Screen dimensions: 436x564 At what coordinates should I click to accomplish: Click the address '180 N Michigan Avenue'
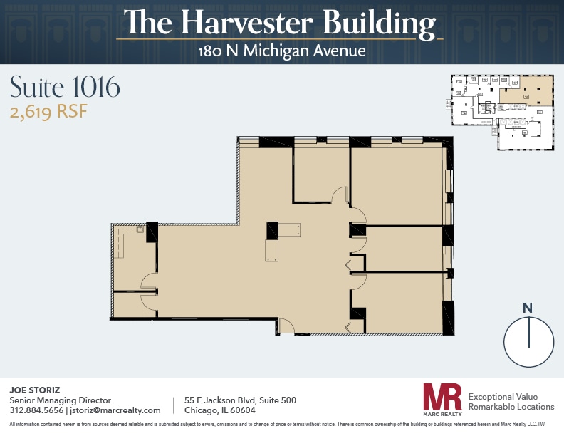coord(282,51)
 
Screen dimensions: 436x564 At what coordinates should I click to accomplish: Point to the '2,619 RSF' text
coord(48,112)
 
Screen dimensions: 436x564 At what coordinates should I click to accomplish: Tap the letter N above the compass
coord(528,308)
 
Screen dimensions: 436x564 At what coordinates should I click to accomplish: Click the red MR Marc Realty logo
coord(442,400)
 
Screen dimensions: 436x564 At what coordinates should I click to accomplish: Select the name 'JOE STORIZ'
coord(34,390)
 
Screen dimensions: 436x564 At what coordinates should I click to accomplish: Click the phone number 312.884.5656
coord(36,410)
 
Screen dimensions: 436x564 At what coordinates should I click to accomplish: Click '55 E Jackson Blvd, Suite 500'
coord(240,400)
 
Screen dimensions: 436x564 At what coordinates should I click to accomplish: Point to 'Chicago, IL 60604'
coord(219,410)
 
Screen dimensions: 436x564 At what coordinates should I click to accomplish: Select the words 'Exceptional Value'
coord(503,396)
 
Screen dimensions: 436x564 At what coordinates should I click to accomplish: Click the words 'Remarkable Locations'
coord(511,407)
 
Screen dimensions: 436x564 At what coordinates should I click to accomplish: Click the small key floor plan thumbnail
coord(503,112)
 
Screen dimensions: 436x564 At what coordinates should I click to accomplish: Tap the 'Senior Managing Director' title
coord(60,400)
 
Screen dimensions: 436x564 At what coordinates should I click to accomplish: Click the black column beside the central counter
coord(272,231)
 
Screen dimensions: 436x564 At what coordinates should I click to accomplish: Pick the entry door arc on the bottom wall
coord(286,327)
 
